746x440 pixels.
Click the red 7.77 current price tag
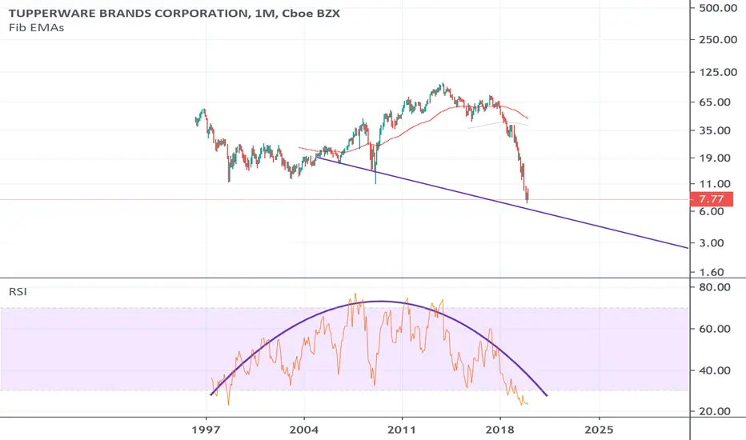(712, 199)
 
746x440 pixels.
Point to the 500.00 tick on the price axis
(718, 8)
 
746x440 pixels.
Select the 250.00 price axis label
(718, 39)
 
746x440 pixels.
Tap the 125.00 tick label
(718, 72)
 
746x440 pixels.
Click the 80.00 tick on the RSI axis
(716, 287)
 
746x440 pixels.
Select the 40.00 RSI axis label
(716, 370)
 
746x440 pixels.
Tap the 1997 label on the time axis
(206, 430)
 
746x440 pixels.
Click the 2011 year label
(402, 430)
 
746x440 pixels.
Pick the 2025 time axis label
(599, 430)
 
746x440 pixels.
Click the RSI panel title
(18, 291)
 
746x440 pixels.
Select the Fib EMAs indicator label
(36, 27)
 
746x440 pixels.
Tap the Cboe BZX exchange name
(311, 14)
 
